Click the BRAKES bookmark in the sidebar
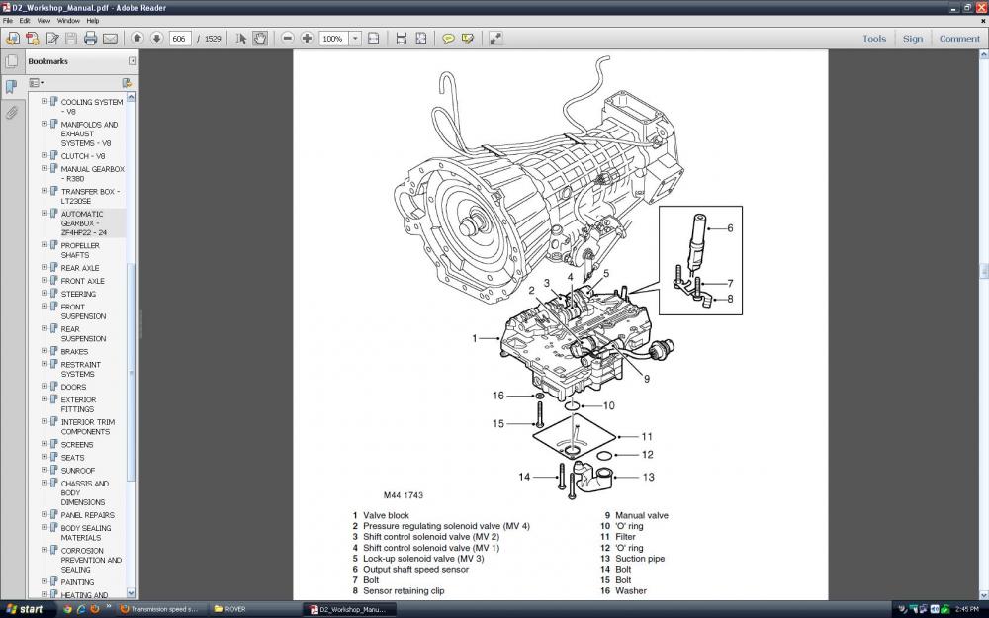pyautogui.click(x=74, y=352)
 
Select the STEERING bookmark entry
pyautogui.click(x=78, y=294)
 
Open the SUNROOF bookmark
pyautogui.click(x=79, y=471)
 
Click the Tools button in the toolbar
pyautogui.click(x=874, y=39)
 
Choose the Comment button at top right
pyautogui.click(x=959, y=39)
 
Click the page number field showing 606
pyautogui.click(x=180, y=39)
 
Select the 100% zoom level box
pyautogui.click(x=333, y=39)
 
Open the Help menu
pyautogui.click(x=93, y=20)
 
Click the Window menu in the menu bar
pyautogui.click(x=68, y=20)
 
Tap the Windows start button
pyautogui.click(x=25, y=609)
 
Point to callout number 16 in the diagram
pyautogui.click(x=499, y=396)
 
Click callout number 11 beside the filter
pyautogui.click(x=647, y=436)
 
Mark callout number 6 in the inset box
pyautogui.click(x=730, y=228)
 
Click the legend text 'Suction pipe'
pyautogui.click(x=639, y=559)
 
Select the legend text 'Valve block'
pyautogui.click(x=386, y=515)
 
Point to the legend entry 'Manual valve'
pyautogui.click(x=641, y=515)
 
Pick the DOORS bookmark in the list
pyautogui.click(x=73, y=387)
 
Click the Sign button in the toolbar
pyautogui.click(x=913, y=39)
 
